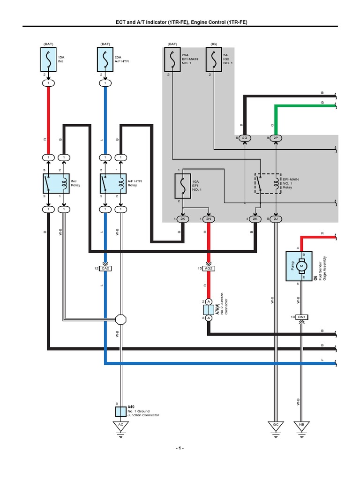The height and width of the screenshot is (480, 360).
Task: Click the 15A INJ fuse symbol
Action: click(x=48, y=60)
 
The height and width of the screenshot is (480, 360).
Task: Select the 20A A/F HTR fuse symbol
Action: click(x=105, y=60)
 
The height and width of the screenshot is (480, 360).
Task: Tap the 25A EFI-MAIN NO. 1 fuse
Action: click(x=172, y=60)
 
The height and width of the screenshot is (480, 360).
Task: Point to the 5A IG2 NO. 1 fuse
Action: click(x=214, y=60)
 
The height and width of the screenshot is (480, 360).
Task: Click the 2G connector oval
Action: click(x=245, y=138)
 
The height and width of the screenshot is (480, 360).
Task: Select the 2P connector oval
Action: click(x=276, y=138)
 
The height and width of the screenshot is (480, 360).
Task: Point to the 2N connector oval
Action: click(x=208, y=219)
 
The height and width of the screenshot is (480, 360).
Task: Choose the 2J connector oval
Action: click(x=276, y=219)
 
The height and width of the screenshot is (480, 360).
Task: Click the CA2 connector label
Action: click(x=105, y=268)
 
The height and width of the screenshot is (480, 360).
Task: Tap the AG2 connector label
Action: click(x=209, y=268)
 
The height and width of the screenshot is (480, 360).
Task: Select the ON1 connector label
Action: click(x=301, y=317)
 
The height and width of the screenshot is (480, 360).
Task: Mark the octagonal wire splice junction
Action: click(x=121, y=320)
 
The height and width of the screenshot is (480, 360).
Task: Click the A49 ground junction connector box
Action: click(x=121, y=412)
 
